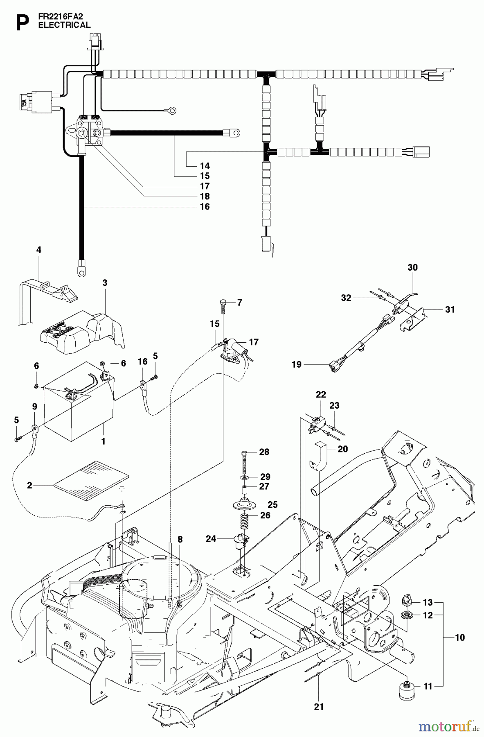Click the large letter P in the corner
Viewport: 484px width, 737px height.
click(22, 23)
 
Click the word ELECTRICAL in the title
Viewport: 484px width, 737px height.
click(64, 25)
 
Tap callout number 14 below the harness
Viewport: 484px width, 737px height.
click(205, 166)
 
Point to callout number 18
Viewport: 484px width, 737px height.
click(205, 196)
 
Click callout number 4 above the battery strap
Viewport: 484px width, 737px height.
click(39, 249)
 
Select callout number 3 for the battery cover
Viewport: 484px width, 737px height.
click(105, 283)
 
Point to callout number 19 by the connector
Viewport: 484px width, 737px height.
click(297, 364)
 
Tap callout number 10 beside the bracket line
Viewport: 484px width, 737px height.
click(459, 638)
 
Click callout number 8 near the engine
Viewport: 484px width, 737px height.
click(180, 540)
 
